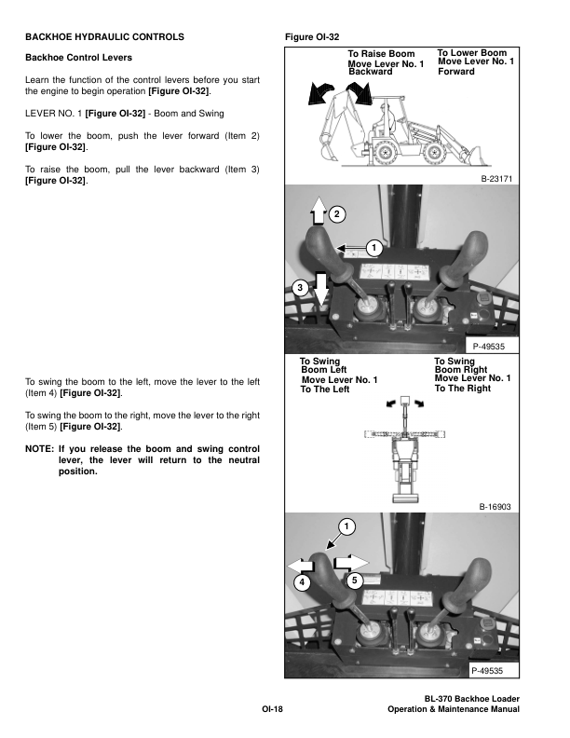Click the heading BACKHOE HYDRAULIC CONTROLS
click(103, 37)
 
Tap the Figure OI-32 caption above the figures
click(315, 37)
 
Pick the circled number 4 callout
click(302, 582)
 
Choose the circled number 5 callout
click(354, 581)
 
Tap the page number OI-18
click(272, 710)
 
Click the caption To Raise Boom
click(382, 54)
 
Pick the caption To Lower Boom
click(472, 53)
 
